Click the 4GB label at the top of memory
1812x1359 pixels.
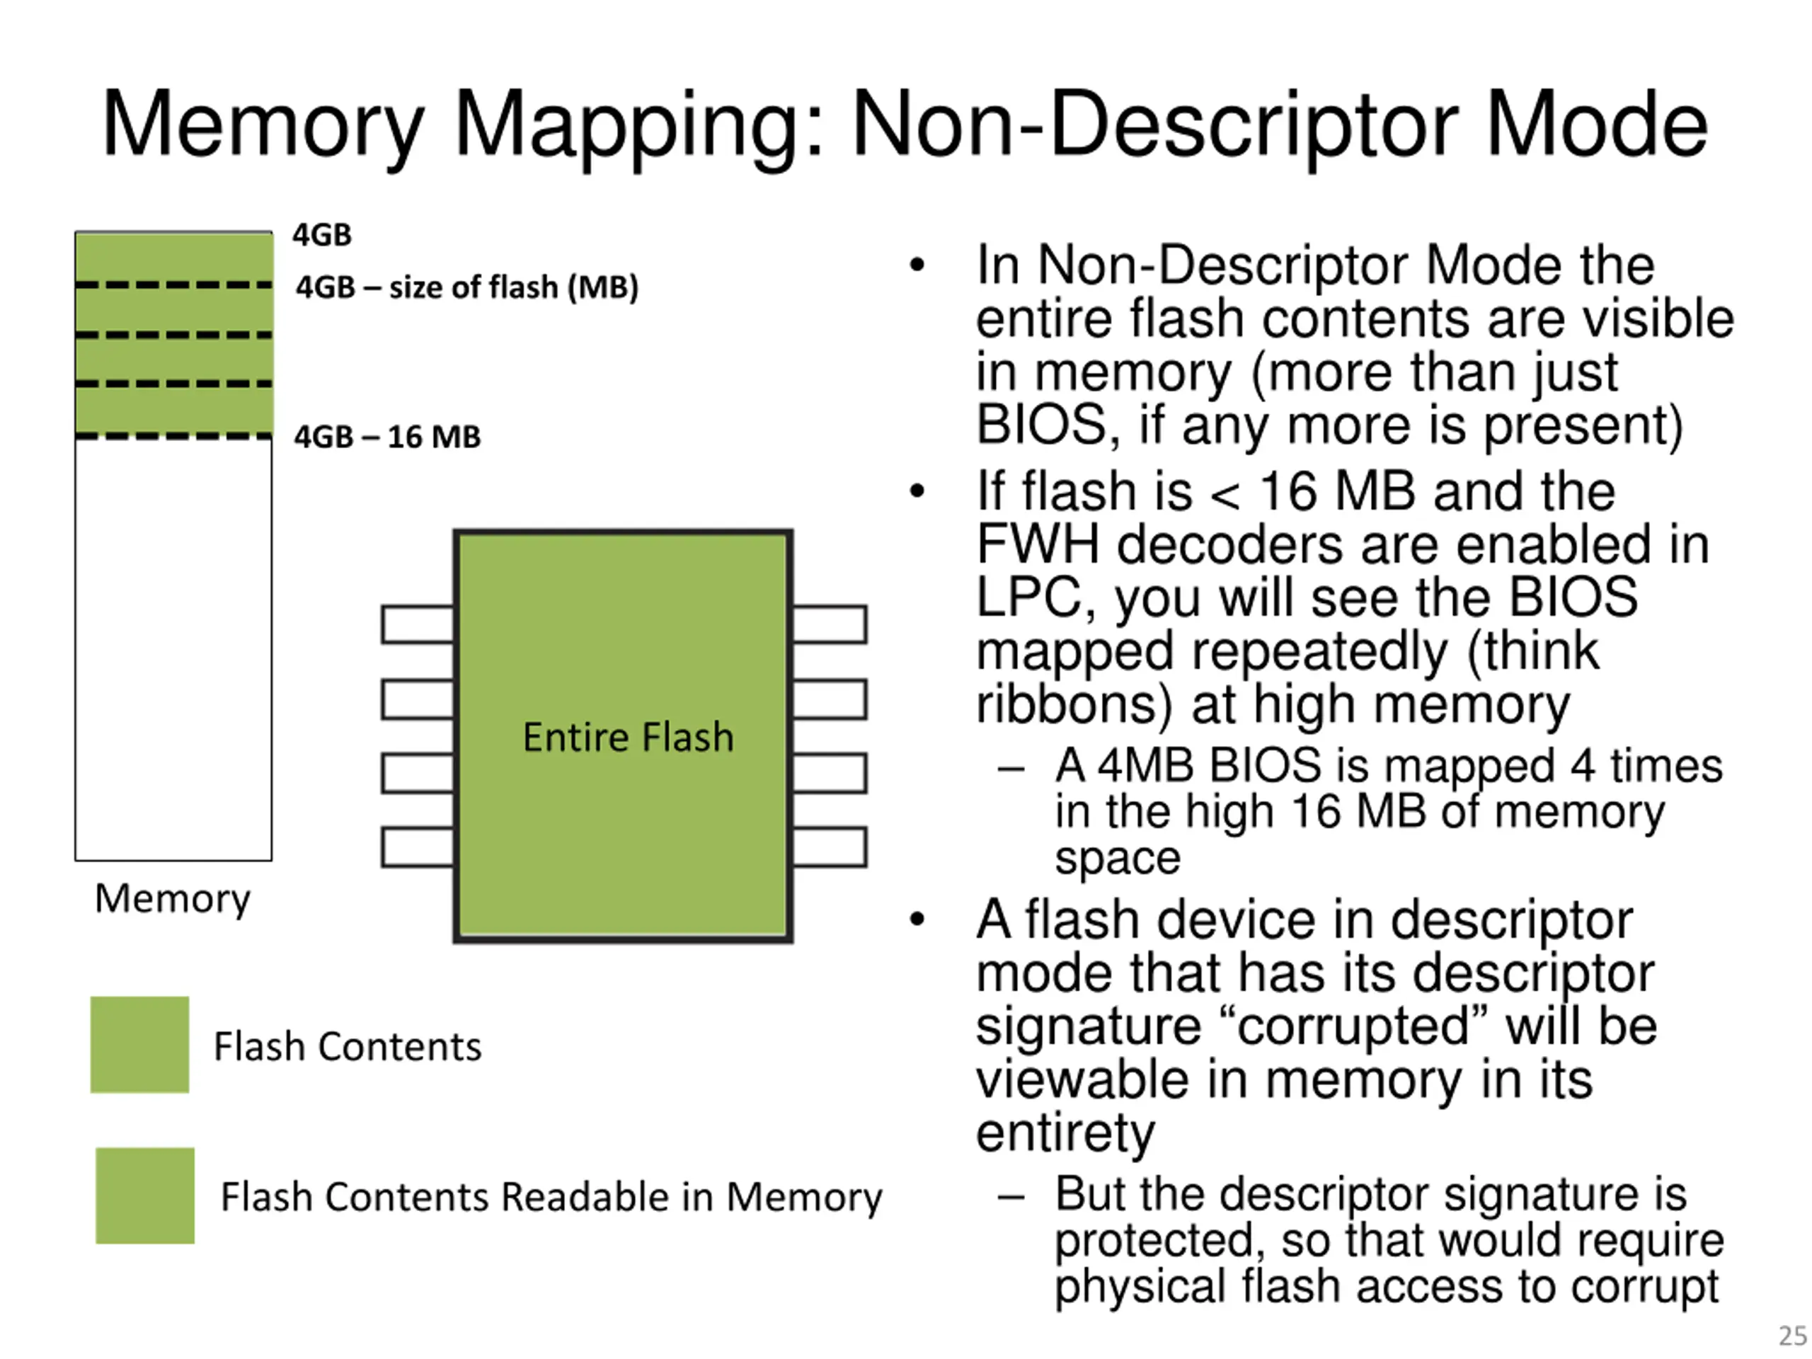point(322,235)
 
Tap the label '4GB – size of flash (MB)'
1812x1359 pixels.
point(467,287)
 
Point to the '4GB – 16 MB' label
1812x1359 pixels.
point(387,437)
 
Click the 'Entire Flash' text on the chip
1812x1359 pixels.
point(628,738)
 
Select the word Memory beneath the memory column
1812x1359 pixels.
point(173,900)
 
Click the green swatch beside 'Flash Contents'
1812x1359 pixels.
point(139,1045)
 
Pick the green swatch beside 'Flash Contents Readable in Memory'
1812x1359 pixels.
point(145,1195)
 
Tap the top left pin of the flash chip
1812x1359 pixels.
point(418,624)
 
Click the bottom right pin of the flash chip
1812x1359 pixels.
point(830,847)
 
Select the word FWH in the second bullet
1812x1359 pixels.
point(1037,545)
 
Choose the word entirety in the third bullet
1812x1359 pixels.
point(1066,1134)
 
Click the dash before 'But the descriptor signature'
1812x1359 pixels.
point(1011,1198)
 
